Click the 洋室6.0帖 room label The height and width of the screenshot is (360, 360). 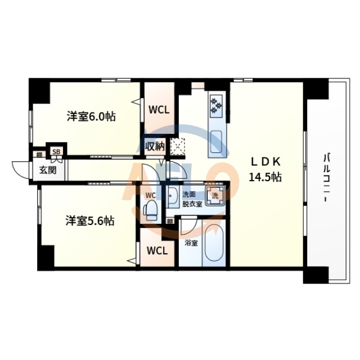(x=91, y=117)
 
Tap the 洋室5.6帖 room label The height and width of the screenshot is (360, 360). (x=90, y=221)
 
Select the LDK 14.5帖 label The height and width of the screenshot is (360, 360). (x=265, y=169)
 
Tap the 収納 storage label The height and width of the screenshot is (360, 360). (x=155, y=147)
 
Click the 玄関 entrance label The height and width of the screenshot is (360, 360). (x=47, y=169)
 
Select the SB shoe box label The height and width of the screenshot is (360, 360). (x=56, y=152)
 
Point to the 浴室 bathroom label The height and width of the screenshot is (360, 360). (x=191, y=243)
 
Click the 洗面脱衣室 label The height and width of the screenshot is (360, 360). (x=192, y=200)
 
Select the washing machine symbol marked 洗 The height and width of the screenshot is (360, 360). (x=214, y=196)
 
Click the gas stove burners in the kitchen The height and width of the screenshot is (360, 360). (x=217, y=104)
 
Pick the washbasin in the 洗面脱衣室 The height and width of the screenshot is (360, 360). (x=172, y=198)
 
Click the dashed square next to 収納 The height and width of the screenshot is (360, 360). (x=178, y=146)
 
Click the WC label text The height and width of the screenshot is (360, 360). (x=150, y=195)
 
